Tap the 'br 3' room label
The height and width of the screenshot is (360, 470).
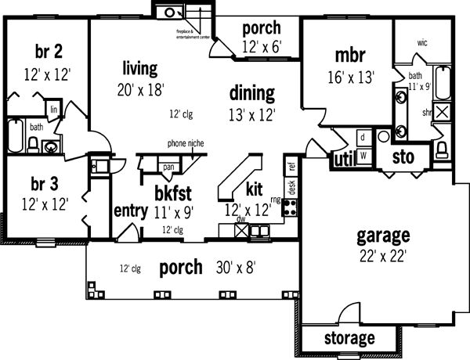[x=45, y=185]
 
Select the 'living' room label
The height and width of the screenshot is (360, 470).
[x=140, y=67]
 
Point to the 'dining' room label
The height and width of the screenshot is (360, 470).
[x=252, y=94]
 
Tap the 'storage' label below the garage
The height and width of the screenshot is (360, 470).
[x=349, y=339]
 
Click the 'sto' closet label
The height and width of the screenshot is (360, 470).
[x=403, y=156]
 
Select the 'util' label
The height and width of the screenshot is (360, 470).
[x=344, y=160]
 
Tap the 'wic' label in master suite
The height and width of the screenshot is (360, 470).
[x=422, y=43]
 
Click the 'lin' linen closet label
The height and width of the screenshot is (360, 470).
[x=54, y=110]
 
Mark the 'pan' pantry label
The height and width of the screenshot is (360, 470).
[x=168, y=167]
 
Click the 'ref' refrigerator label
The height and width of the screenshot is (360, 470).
[x=291, y=166]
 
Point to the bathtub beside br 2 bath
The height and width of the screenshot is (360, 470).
[x=16, y=136]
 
